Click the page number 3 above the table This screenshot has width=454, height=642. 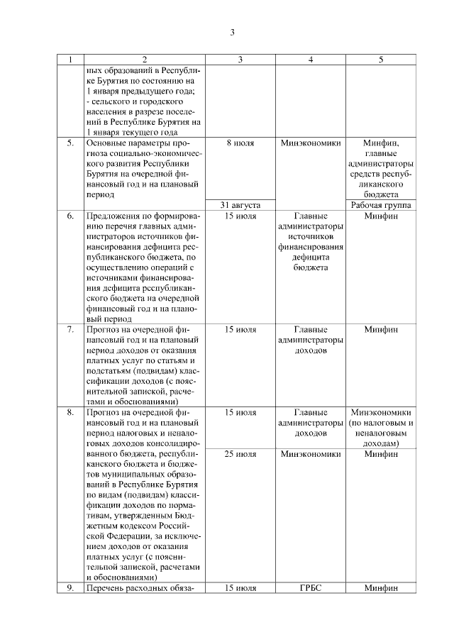[x=232, y=32]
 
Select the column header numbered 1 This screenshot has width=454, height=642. [x=70, y=60]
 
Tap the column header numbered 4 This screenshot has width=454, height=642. [x=311, y=60]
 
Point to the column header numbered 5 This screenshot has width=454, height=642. [x=381, y=60]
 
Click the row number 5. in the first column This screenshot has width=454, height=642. [x=70, y=143]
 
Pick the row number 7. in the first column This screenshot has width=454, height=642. [x=70, y=329]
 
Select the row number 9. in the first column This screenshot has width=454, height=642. [x=70, y=588]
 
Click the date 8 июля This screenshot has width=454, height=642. [x=240, y=143]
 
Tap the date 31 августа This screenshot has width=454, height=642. [x=240, y=205]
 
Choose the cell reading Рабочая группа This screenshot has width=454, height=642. [x=381, y=205]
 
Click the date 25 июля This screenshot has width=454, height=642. [x=240, y=453]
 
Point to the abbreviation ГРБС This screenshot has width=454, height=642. [x=311, y=588]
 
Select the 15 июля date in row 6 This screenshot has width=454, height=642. [x=240, y=216]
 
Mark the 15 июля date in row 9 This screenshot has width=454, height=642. [x=240, y=588]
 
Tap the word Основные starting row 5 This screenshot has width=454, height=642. [x=105, y=143]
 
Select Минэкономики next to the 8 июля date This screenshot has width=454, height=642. [x=311, y=143]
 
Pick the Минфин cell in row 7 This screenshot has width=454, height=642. [x=381, y=329]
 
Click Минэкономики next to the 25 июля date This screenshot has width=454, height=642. [x=311, y=453]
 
